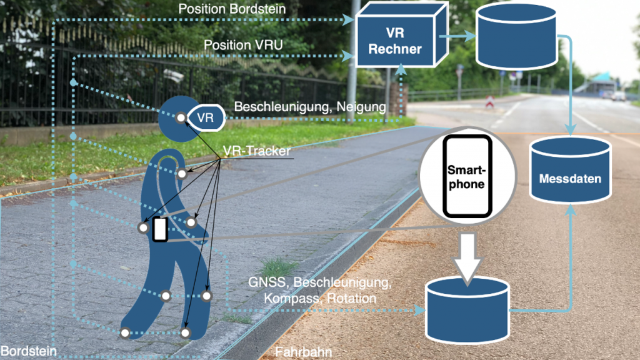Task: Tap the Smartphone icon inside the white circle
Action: click(467, 176)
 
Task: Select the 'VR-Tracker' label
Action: click(256, 151)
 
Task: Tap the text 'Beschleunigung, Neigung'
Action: click(309, 107)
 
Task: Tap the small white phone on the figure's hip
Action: click(160, 229)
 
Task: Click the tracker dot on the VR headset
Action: click(181, 117)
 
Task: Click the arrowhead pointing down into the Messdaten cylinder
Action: click(570, 130)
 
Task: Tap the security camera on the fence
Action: click(174, 76)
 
